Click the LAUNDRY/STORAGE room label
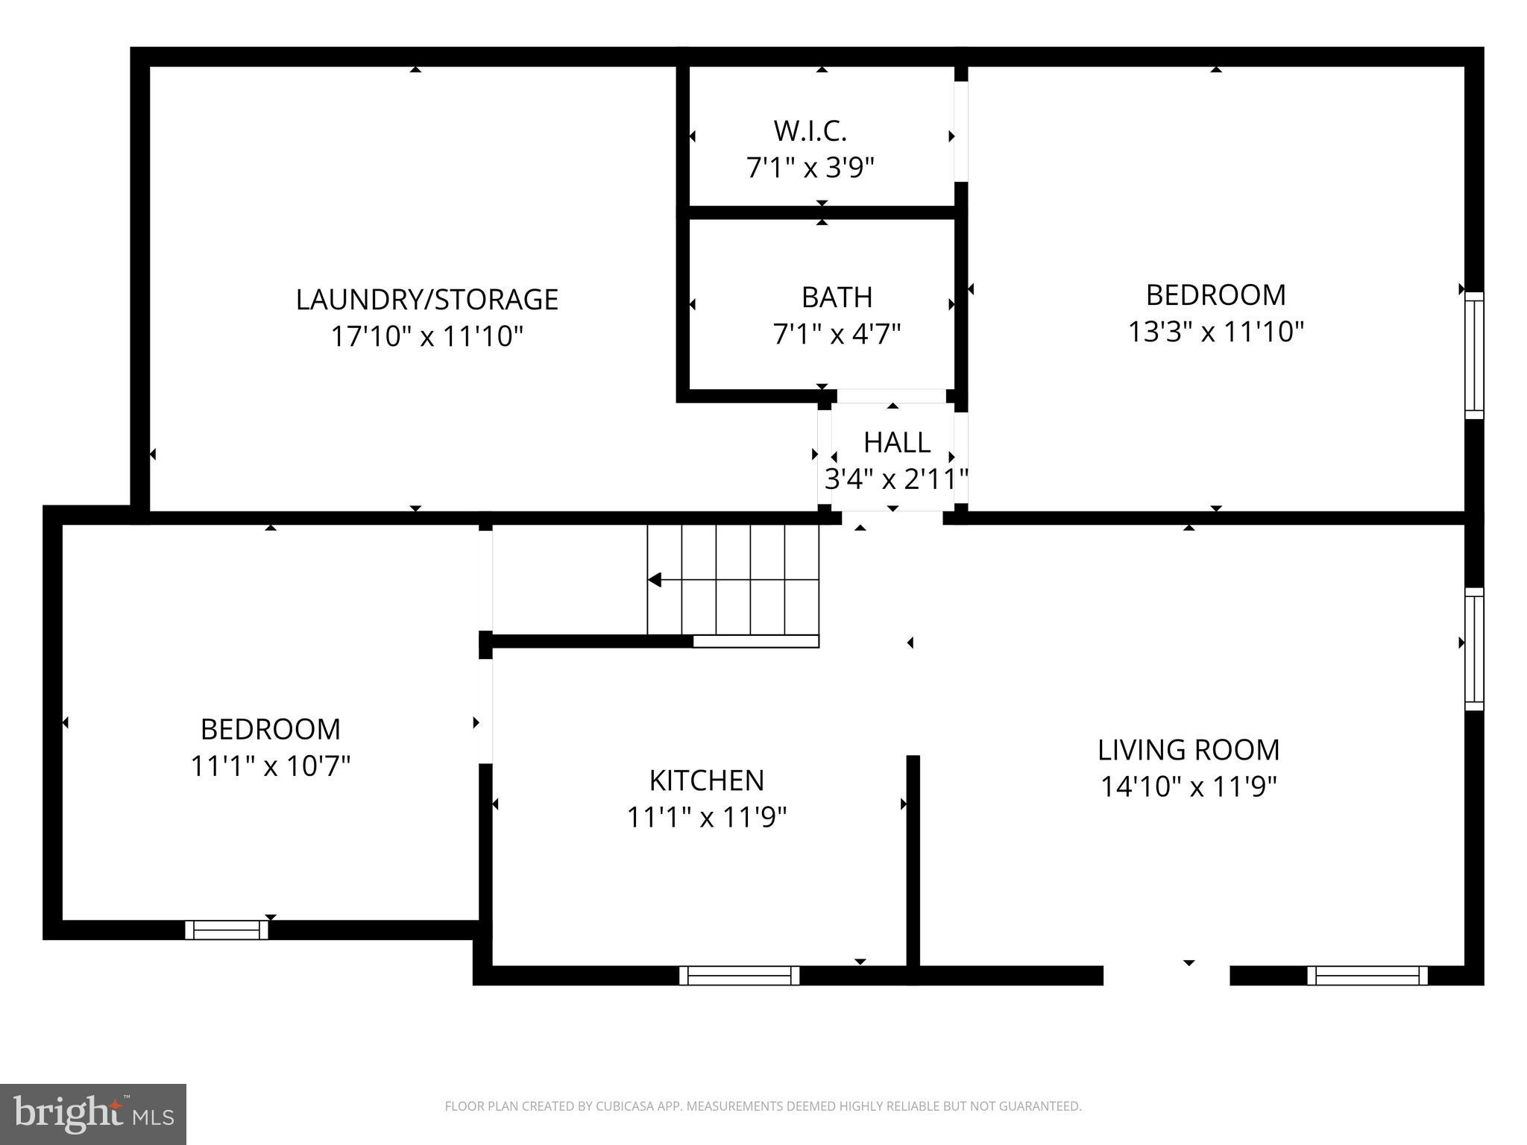click(x=426, y=300)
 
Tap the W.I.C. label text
click(x=810, y=131)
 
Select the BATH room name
click(x=837, y=297)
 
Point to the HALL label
click(x=896, y=443)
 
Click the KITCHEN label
click(x=706, y=780)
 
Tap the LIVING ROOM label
click(x=1188, y=750)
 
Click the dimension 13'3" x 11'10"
click(x=1215, y=332)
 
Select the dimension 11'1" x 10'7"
click(x=270, y=766)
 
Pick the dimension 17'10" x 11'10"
click(x=426, y=336)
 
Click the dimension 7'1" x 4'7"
click(x=837, y=334)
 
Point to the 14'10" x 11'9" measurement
click(x=1188, y=786)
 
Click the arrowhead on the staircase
click(x=655, y=580)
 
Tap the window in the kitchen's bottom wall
click(x=739, y=975)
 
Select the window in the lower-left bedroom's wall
click(x=227, y=930)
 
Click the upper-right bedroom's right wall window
click(x=1474, y=356)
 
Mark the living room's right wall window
click(x=1474, y=649)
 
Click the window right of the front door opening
click(x=1367, y=975)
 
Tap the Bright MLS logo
click(x=92, y=1114)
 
